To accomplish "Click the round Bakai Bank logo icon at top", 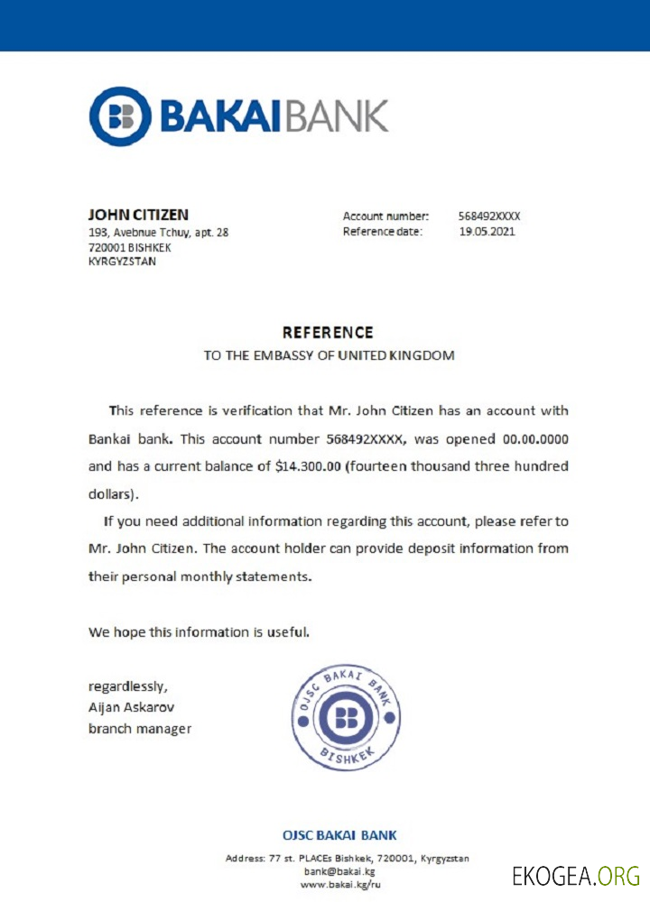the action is [121, 116].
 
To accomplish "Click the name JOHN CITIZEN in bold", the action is [138, 215].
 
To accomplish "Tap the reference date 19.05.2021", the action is [487, 232].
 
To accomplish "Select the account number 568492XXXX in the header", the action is [489, 216].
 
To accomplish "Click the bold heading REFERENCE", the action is [328, 333].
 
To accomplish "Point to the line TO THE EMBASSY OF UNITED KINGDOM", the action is [329, 355].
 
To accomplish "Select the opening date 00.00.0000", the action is [534, 439].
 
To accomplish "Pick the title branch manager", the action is [140, 728].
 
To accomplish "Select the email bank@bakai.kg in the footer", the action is [339, 871].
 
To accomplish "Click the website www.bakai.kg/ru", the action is [340, 885].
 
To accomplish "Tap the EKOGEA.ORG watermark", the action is [576, 876].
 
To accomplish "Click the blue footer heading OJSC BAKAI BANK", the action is [339, 835].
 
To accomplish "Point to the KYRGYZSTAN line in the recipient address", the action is [122, 262].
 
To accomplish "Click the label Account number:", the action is [385, 216].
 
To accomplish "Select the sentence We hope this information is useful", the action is [199, 632].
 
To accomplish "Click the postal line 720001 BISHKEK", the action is [129, 247].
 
